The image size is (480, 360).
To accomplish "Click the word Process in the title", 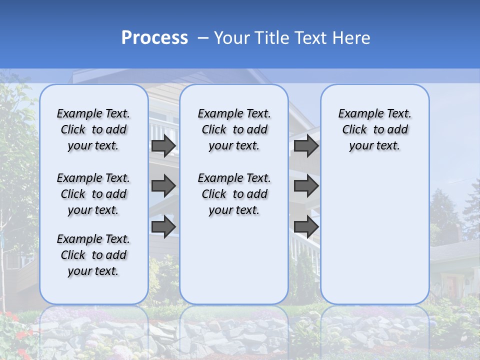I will pyautogui.click(x=154, y=38).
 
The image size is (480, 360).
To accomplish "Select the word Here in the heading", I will pyautogui.click(x=351, y=38).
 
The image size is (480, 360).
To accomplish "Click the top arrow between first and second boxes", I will pyautogui.click(x=163, y=145).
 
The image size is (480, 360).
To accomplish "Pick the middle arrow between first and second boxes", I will pyautogui.click(x=163, y=186).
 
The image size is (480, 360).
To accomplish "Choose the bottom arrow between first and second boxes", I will pyautogui.click(x=163, y=226).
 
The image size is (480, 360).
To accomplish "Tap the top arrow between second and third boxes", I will pyautogui.click(x=306, y=145).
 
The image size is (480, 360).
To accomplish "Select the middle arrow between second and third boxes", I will pyautogui.click(x=306, y=186).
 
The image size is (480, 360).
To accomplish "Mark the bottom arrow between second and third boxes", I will pyautogui.click(x=306, y=226).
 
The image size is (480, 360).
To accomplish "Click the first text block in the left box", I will pyautogui.click(x=93, y=129).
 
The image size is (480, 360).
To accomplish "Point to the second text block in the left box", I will pyautogui.click(x=93, y=194).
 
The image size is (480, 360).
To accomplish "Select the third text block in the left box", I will pyautogui.click(x=93, y=255).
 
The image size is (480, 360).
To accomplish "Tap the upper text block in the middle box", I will pyautogui.click(x=234, y=129).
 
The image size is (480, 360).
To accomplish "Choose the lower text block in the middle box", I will pyautogui.click(x=234, y=194).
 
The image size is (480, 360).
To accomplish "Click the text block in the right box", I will pyautogui.click(x=374, y=129).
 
